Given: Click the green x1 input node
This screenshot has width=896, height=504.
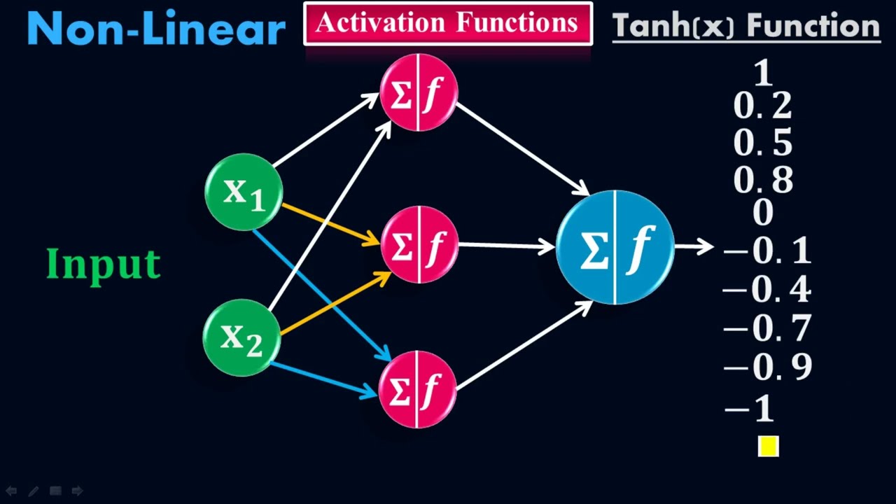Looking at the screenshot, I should tap(244, 192).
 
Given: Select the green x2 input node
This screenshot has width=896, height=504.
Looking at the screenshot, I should tap(241, 337).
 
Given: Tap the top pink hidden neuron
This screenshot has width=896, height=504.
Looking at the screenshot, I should tap(419, 92).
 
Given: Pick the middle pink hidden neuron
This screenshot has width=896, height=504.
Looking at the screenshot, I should tap(419, 244).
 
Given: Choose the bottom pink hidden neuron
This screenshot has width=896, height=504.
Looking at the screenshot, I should tap(417, 389).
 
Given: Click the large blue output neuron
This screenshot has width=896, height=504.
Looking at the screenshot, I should tap(615, 246).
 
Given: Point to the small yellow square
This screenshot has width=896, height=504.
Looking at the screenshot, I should tap(768, 447).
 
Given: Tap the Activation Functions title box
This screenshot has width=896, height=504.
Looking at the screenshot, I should tap(448, 24).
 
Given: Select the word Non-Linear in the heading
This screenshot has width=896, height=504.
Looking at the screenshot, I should tap(156, 28).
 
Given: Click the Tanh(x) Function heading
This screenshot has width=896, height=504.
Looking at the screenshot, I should tap(746, 27).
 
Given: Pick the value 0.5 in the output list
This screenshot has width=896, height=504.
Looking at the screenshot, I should tap(762, 143).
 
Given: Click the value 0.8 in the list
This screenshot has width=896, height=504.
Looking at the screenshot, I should tap(762, 181).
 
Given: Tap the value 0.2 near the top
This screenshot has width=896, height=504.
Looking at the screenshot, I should tap(762, 106).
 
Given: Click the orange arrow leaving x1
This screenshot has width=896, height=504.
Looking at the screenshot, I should tap(329, 223).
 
